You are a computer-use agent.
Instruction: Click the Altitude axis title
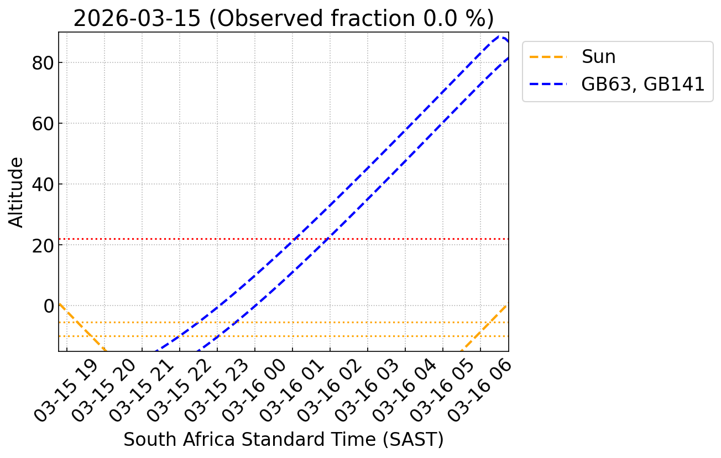(17, 192)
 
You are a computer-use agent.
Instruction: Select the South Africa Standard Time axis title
(283, 440)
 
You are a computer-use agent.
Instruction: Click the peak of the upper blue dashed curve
(500, 37)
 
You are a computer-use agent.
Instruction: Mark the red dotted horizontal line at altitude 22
(387, 239)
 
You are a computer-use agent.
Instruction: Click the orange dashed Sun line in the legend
(548, 56)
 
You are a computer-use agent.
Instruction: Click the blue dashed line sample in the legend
(548, 84)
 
